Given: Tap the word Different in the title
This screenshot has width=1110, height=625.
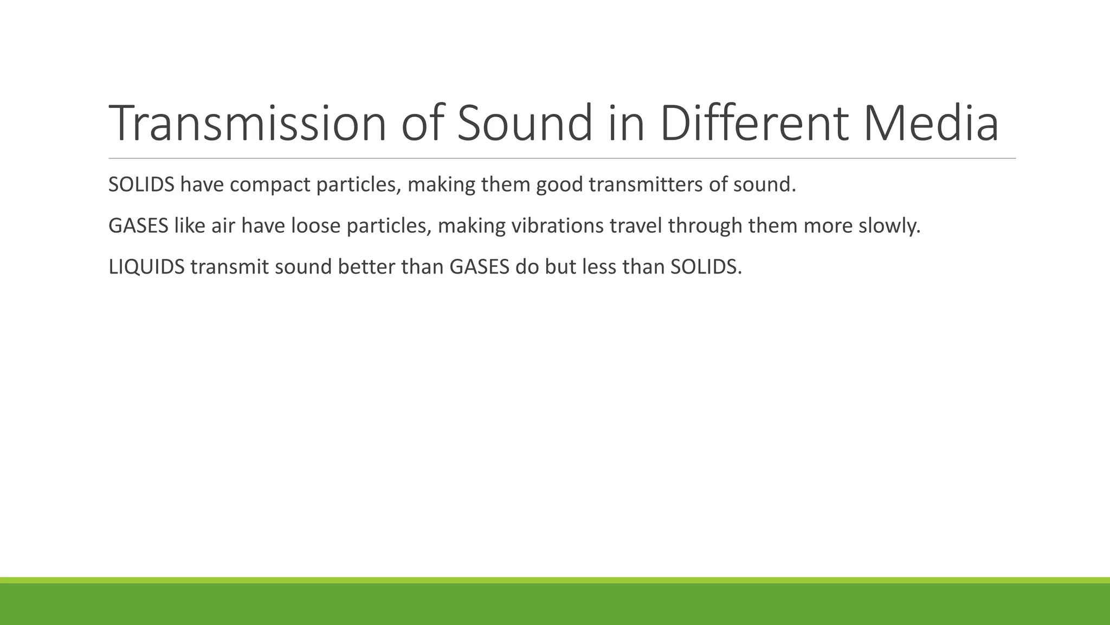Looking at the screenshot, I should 753,123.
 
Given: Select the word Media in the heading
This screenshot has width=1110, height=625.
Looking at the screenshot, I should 931,123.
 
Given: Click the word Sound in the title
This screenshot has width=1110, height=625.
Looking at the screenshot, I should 525,123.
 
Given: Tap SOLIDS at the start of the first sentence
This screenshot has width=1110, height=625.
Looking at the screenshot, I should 141,185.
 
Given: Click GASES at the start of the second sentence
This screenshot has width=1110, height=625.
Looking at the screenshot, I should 138,226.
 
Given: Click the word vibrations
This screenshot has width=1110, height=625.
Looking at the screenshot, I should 557,226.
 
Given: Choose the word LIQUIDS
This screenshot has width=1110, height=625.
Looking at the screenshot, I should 146,267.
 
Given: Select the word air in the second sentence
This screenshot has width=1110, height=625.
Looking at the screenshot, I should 223,226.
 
